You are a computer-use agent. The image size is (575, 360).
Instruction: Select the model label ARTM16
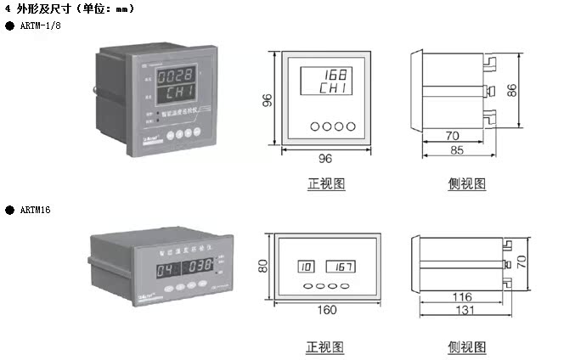(35, 208)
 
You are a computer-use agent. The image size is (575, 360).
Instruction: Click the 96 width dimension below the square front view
(325, 158)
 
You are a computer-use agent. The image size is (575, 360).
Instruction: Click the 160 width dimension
(327, 310)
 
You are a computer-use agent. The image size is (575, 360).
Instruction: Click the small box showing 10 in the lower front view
(305, 267)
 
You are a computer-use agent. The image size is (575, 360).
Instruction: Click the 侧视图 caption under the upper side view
(467, 183)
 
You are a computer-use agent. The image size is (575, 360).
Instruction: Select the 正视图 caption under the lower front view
(325, 346)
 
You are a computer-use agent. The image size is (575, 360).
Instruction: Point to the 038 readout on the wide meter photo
(200, 265)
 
